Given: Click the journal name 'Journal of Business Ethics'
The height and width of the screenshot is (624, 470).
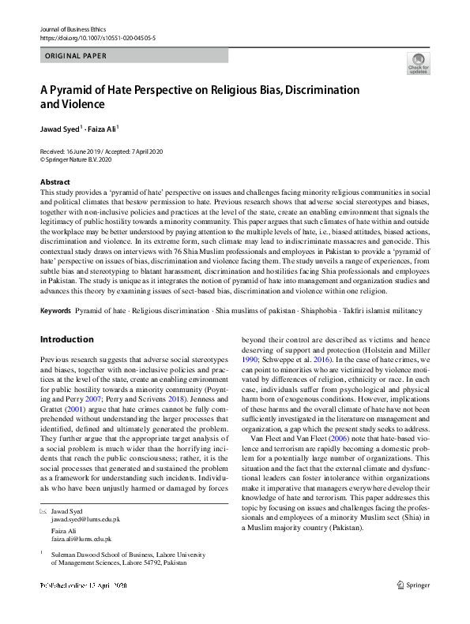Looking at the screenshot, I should pyautogui.click(x=67, y=28).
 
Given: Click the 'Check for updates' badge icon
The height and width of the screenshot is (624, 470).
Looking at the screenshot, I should pyautogui.click(x=418, y=62).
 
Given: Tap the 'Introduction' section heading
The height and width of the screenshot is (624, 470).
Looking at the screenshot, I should pyautogui.click(x=66, y=339).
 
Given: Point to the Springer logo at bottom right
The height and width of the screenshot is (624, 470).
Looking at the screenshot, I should pyautogui.click(x=412, y=607).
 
